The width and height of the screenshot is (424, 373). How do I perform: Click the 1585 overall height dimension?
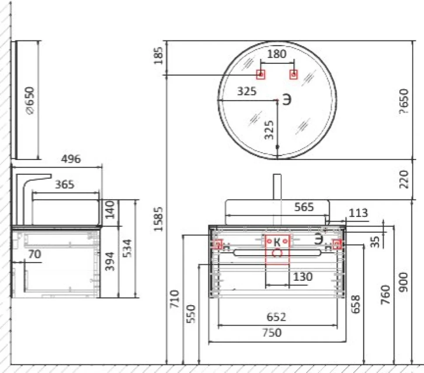[159, 219]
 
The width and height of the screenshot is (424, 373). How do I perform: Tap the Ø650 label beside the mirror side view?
[29, 100]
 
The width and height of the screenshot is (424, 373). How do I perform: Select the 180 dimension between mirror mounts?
[277, 54]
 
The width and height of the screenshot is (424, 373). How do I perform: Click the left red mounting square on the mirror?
[261, 74]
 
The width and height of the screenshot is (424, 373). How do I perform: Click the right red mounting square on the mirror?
[294, 74]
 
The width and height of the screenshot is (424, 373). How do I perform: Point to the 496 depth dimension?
[71, 159]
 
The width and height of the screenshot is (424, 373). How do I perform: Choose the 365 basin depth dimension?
[65, 185]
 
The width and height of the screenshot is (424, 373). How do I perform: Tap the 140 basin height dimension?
[110, 209]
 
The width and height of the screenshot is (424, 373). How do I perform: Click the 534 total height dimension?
[127, 248]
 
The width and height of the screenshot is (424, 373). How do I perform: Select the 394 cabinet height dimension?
[110, 261]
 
